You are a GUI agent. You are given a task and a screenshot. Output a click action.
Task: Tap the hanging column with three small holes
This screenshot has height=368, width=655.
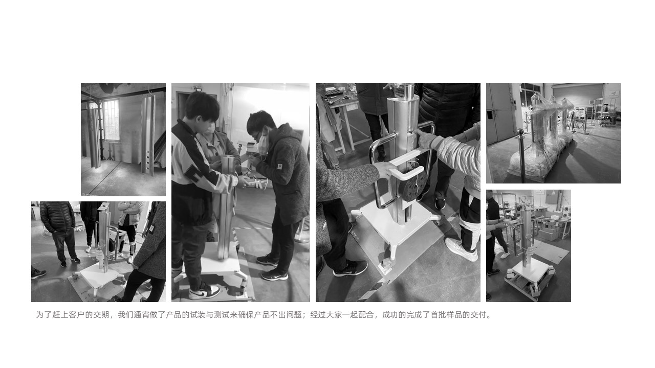148,135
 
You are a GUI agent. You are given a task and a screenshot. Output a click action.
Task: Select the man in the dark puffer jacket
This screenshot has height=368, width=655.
57,225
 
